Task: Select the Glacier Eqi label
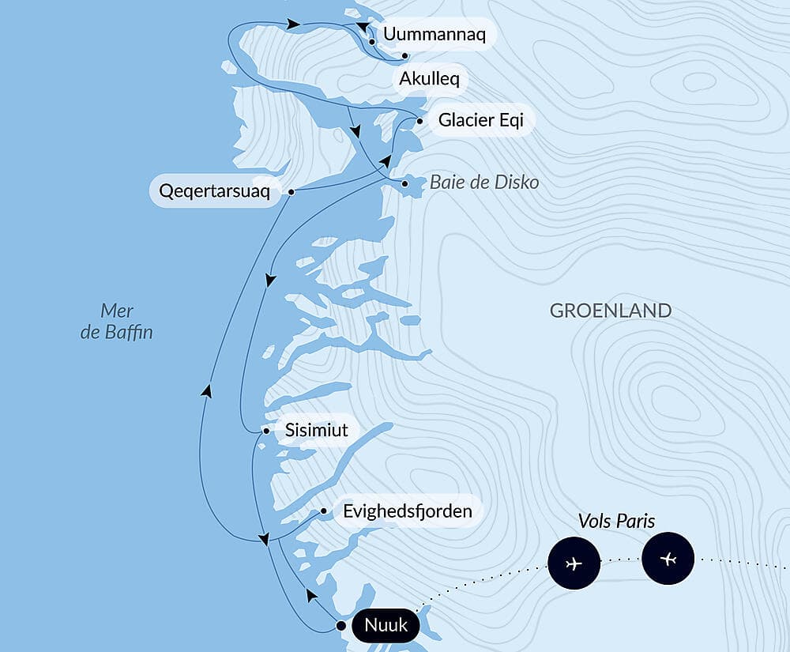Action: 480,121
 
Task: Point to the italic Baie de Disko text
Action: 484,183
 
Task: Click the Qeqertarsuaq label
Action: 215,191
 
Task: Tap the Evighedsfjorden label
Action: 407,511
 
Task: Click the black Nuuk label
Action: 386,626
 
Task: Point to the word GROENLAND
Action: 611,310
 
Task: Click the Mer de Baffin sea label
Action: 117,321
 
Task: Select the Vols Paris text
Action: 616,522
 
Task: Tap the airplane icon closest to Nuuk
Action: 574,563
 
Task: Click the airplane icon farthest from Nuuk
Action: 668,560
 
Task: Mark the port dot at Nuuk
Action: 340,626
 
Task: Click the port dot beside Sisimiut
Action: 266,432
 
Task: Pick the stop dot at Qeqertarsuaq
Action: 292,191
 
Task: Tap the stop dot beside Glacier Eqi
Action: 419,121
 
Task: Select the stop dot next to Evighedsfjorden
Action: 324,511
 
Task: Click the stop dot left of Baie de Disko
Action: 405,183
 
